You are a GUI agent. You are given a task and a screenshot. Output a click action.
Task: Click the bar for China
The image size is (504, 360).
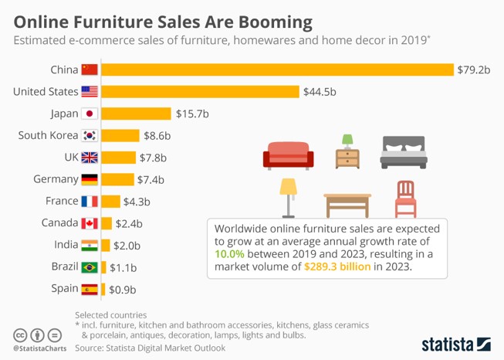[x=276, y=70]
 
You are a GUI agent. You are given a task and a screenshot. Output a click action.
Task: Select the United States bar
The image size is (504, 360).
[x=199, y=92]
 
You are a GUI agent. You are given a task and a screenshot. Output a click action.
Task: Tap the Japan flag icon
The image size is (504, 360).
[x=90, y=114]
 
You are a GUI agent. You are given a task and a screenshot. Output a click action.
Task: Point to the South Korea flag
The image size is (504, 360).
[x=90, y=136]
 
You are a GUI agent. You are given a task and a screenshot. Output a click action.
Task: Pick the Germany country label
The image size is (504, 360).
[x=55, y=179]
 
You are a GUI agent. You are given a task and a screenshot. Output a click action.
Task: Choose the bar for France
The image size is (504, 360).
[x=110, y=202]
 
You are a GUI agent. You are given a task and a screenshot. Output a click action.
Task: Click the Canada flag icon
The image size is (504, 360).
[x=90, y=224]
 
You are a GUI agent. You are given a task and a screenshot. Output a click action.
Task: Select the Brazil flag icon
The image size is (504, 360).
[x=90, y=268]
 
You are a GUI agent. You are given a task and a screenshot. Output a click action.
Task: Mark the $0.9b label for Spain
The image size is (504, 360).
[x=122, y=290]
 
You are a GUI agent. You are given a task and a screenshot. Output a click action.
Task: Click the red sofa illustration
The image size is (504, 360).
[x=288, y=155]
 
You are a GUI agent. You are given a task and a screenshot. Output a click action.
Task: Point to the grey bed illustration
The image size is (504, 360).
[x=404, y=153]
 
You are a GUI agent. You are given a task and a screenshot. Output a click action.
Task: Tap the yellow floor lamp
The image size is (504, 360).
[x=289, y=197]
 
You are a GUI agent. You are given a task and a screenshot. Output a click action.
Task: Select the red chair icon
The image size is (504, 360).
[x=405, y=199]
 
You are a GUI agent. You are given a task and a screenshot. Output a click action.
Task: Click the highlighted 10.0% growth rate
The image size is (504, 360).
[x=230, y=253]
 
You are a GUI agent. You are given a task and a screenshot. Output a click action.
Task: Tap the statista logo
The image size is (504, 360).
[x=456, y=342]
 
